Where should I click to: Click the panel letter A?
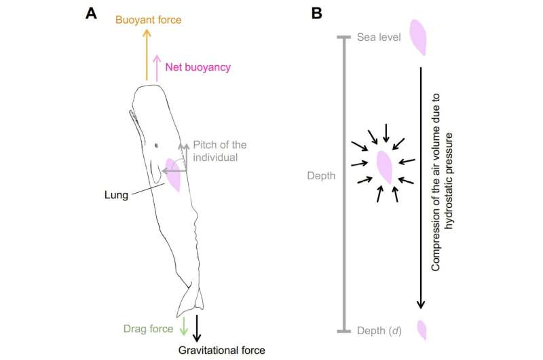(92, 13)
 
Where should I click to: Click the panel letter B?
(317, 13)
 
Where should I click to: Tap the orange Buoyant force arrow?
(147, 55)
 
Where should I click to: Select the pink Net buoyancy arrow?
(157, 68)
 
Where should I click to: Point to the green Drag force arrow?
(183, 325)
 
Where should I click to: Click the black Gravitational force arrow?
(197, 328)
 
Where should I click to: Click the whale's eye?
(157, 145)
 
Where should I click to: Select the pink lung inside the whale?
(173, 175)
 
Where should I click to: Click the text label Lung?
(116, 195)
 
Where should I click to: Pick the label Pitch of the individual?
(219, 151)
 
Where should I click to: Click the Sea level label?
(379, 37)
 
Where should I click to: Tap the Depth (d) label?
(379, 331)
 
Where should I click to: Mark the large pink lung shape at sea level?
(418, 37)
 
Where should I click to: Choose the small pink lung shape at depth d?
(422, 330)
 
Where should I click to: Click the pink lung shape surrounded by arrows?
(385, 167)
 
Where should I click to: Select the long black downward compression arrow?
(421, 187)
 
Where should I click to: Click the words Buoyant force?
(148, 20)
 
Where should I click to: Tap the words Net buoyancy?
(198, 67)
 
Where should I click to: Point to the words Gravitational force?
(222, 350)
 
